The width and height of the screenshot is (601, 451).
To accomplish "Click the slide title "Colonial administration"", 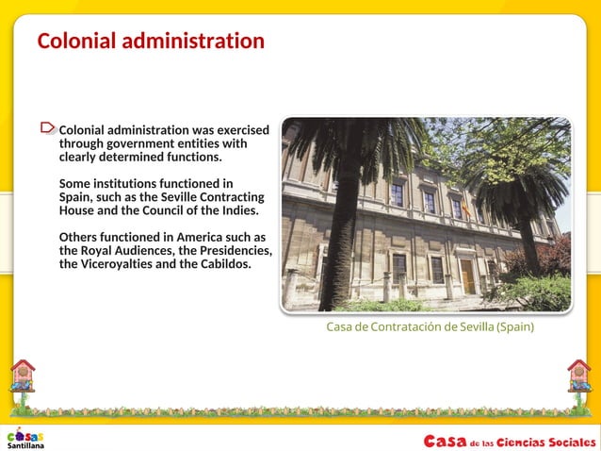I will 151,42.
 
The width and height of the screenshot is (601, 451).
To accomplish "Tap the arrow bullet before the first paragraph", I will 49,127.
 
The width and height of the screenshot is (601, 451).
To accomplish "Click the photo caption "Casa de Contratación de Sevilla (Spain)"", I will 430,327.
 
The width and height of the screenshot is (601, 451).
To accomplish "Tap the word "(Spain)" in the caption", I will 515,327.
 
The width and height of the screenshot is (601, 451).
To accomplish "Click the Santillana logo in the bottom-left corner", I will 25,439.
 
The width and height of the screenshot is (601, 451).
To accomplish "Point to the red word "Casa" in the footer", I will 444,441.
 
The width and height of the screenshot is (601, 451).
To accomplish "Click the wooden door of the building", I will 467,277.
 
